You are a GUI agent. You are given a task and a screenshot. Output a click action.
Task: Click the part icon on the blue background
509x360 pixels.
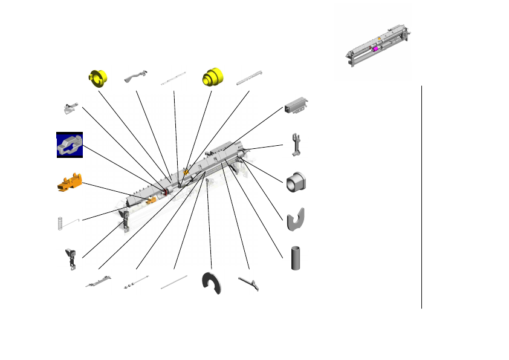click(x=70, y=145)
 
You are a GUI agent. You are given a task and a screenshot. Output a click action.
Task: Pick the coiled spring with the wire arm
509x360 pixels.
click(x=61, y=223)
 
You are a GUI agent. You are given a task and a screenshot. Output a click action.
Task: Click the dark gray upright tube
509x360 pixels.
click(x=296, y=258)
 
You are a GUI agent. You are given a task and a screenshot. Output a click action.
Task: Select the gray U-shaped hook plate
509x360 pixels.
click(x=295, y=220)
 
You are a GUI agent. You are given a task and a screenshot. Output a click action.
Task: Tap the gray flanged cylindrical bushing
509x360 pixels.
click(x=296, y=182)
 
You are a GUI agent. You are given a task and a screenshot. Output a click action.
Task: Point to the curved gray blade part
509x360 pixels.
click(x=250, y=283)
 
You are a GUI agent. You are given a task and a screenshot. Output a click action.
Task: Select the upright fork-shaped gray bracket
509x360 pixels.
click(x=296, y=144)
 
